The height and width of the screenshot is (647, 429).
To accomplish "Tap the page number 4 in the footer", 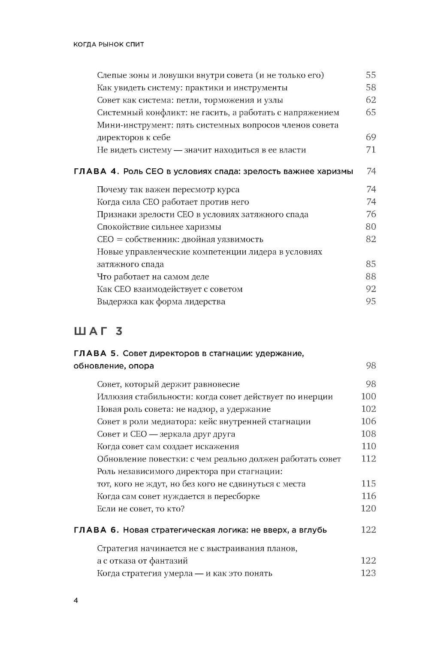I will pos(76,601).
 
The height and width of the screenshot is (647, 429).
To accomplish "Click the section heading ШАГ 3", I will pos(99,331).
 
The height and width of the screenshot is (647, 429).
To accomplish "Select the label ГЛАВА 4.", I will pos(96,171).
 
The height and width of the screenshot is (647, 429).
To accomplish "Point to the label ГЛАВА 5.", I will pos(96,353).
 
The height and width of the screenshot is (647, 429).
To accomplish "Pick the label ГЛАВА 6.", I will pos(96,530).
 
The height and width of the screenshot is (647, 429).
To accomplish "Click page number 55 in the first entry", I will pos(371,75).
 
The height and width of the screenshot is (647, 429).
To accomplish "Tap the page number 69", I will pos(371,137).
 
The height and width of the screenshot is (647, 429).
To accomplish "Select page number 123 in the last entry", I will pos(369,573).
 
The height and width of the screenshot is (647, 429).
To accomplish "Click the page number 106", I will pos(369,422).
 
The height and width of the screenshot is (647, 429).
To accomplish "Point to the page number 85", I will pos(371,264).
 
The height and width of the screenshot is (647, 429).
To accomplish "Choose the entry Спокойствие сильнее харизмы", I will pos(159,227).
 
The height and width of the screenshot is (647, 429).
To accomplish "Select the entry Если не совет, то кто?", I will pos(141,509).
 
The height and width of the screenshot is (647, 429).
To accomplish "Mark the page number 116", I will pos(369,496).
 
